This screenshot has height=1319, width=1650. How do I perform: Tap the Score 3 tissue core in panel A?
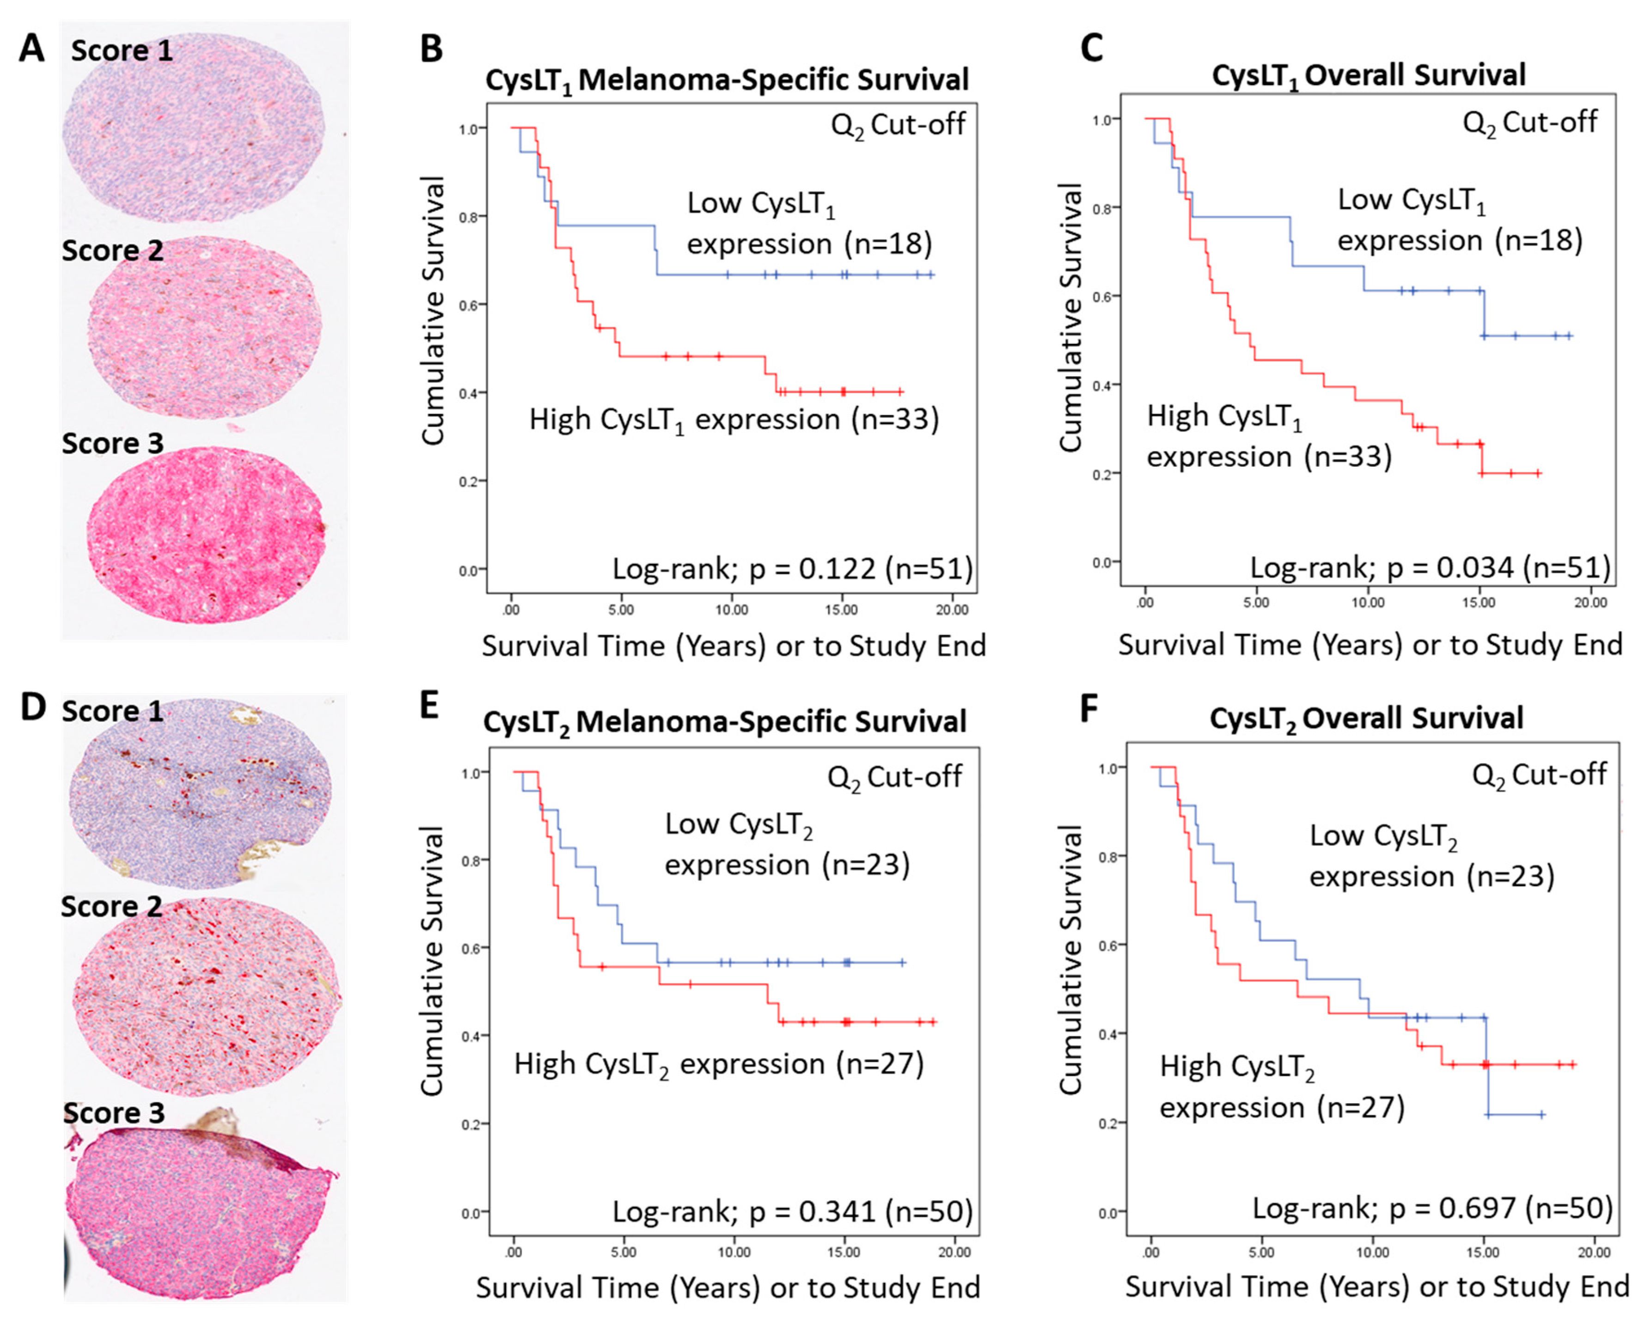tap(205, 535)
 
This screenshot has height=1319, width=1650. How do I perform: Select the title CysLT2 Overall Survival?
tap(1366, 718)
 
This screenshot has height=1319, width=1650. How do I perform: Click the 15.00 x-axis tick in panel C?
tap(1479, 602)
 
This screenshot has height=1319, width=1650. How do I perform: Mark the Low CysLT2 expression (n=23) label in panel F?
tap(1431, 856)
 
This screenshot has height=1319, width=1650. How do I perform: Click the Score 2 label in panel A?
tap(112, 250)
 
